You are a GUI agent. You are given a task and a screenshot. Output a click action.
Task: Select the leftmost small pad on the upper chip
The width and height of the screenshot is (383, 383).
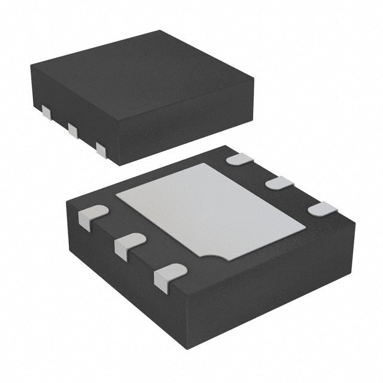[x=47, y=111]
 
